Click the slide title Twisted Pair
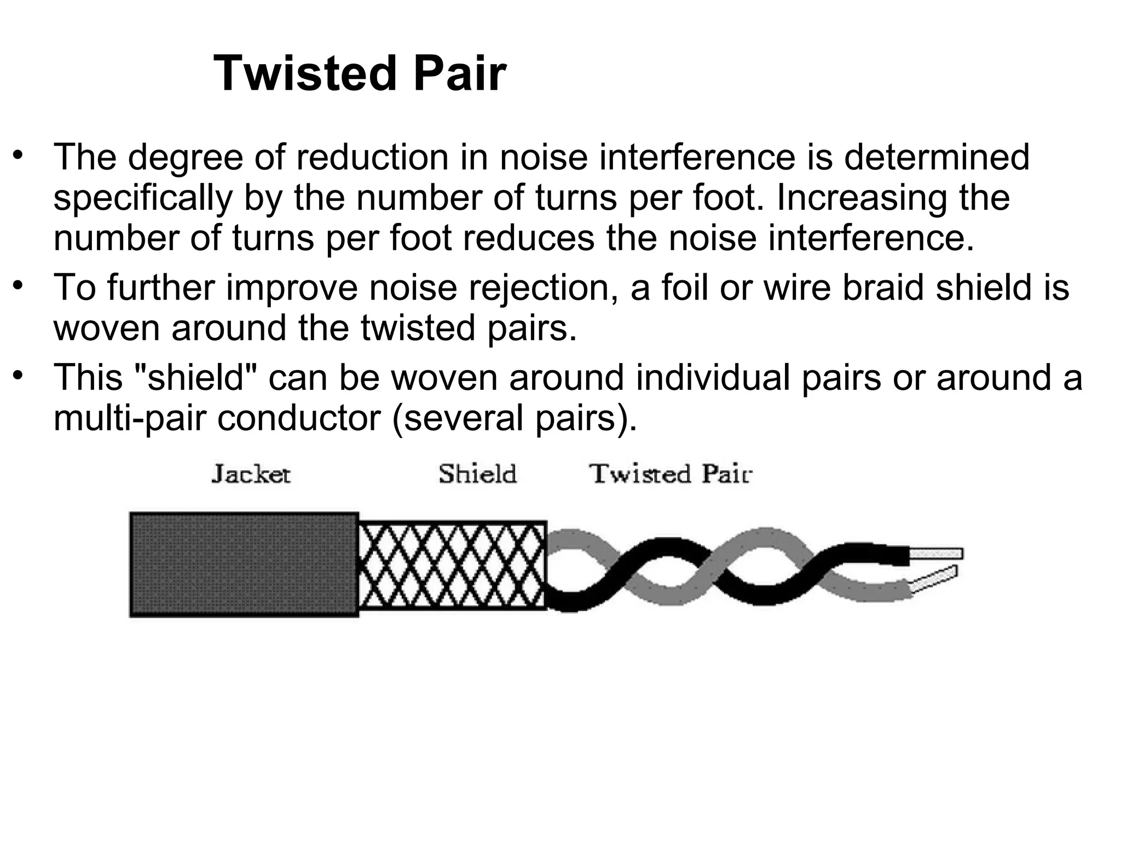pyautogui.click(x=360, y=74)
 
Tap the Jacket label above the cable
pyautogui.click(x=251, y=474)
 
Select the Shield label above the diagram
pyautogui.click(x=477, y=474)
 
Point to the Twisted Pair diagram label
pyautogui.click(x=671, y=474)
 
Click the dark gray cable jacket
pyautogui.click(x=244, y=564)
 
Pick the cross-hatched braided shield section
pyautogui.click(x=452, y=564)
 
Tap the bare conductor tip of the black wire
pyautogui.click(x=936, y=554)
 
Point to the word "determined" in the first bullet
pyautogui.click(x=937, y=157)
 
